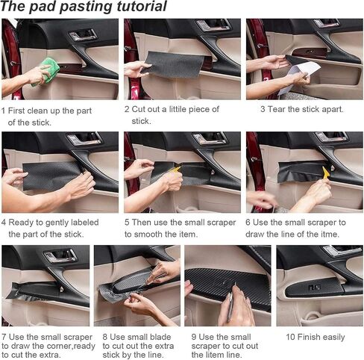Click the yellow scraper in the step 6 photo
(x=326, y=173)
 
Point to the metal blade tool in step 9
(x=232, y=302)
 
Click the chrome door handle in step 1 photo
(x=83, y=34)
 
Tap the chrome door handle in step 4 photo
(x=84, y=139)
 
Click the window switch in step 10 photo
(x=314, y=288)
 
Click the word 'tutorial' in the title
(x=142, y=6)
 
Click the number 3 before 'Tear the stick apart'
(x=263, y=109)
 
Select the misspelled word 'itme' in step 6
(x=330, y=235)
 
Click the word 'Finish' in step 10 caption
(x=310, y=337)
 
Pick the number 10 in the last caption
(x=290, y=337)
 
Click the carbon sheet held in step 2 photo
(x=174, y=64)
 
